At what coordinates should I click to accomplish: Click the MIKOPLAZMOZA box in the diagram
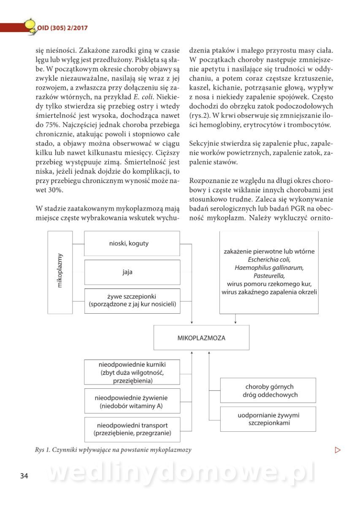pos(201,338)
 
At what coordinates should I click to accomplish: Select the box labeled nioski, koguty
pos(132,243)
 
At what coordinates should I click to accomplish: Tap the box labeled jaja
pos(132,272)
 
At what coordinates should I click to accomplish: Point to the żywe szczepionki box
pos(132,301)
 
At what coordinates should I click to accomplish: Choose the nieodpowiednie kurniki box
pos(132,372)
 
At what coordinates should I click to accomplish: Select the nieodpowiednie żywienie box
pos(132,401)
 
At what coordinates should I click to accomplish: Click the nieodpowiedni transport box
pos(132,429)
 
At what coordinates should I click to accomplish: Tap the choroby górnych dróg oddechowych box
pos(268,390)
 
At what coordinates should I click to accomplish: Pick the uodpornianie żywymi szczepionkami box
pos(268,419)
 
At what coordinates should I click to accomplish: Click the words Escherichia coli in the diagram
pos(269,259)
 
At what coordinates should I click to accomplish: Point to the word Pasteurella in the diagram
pos(269,275)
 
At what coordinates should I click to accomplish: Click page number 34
pos(24,476)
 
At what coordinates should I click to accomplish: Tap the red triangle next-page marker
pos(337,449)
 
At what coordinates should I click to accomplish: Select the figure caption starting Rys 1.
pos(113,449)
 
